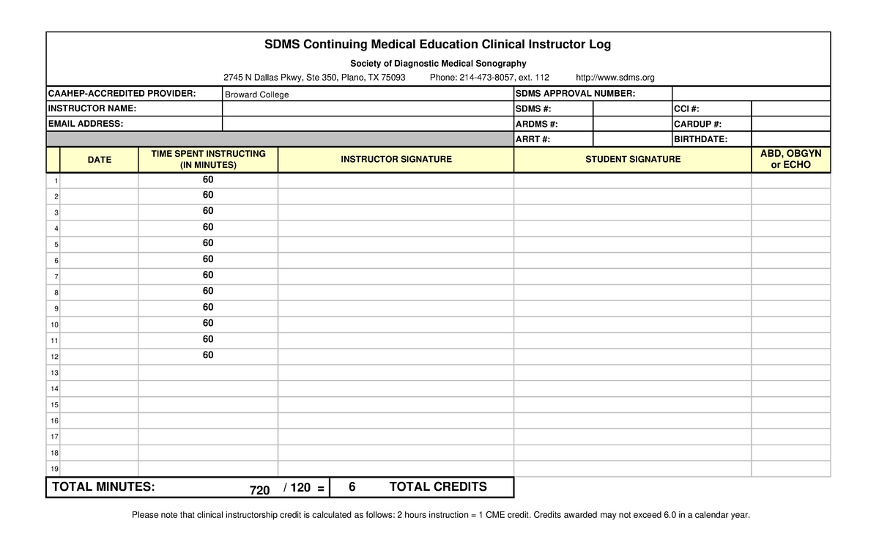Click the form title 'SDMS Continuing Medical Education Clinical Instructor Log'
point(437,45)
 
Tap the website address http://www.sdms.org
point(615,78)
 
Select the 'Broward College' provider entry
point(256,94)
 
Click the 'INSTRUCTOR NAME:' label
point(92,108)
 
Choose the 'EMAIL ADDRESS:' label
point(86,124)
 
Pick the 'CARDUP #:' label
point(697,124)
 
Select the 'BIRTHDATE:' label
point(700,139)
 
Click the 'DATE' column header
point(100,160)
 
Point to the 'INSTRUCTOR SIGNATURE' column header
point(396,160)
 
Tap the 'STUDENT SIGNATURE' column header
point(632,160)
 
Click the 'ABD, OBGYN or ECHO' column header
point(790,159)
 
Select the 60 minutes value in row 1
point(208,180)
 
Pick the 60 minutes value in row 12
point(208,355)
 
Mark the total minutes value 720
point(259,489)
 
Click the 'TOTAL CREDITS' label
point(437,487)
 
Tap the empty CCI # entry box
point(790,108)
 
